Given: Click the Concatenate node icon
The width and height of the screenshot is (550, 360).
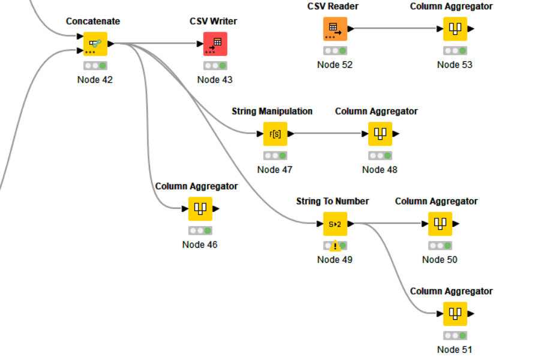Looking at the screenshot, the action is (95, 44).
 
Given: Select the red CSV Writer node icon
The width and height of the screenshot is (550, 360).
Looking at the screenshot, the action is (215, 44).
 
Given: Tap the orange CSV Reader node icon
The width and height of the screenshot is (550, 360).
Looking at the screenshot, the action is (335, 29).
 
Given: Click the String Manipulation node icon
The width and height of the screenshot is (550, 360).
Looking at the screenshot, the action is (275, 134).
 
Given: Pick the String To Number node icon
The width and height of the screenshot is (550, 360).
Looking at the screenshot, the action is (335, 224).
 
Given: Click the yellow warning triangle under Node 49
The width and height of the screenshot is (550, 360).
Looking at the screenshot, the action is (335, 246).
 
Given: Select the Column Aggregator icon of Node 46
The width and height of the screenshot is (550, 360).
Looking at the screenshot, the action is (200, 209).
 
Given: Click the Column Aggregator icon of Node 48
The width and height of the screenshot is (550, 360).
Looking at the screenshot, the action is (380, 134).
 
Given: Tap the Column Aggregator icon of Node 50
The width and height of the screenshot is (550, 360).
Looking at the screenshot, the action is (440, 224).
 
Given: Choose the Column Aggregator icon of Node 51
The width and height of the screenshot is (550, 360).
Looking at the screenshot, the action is (455, 314).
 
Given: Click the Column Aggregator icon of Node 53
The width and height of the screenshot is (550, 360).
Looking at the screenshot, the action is (455, 29).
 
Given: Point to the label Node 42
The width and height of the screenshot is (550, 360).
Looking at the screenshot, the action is (95, 80).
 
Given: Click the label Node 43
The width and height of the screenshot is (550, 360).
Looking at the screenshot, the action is (215, 80).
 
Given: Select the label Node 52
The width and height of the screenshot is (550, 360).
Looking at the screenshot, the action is (335, 65).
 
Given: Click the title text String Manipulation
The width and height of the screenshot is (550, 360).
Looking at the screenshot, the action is (272, 111).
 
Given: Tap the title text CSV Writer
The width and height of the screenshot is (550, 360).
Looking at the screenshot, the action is (214, 21).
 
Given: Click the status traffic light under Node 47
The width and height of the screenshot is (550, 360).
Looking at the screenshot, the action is (275, 155).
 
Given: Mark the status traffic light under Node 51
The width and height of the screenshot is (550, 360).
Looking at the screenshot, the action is (455, 335).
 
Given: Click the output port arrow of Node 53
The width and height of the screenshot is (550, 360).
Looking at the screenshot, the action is (471, 29).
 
